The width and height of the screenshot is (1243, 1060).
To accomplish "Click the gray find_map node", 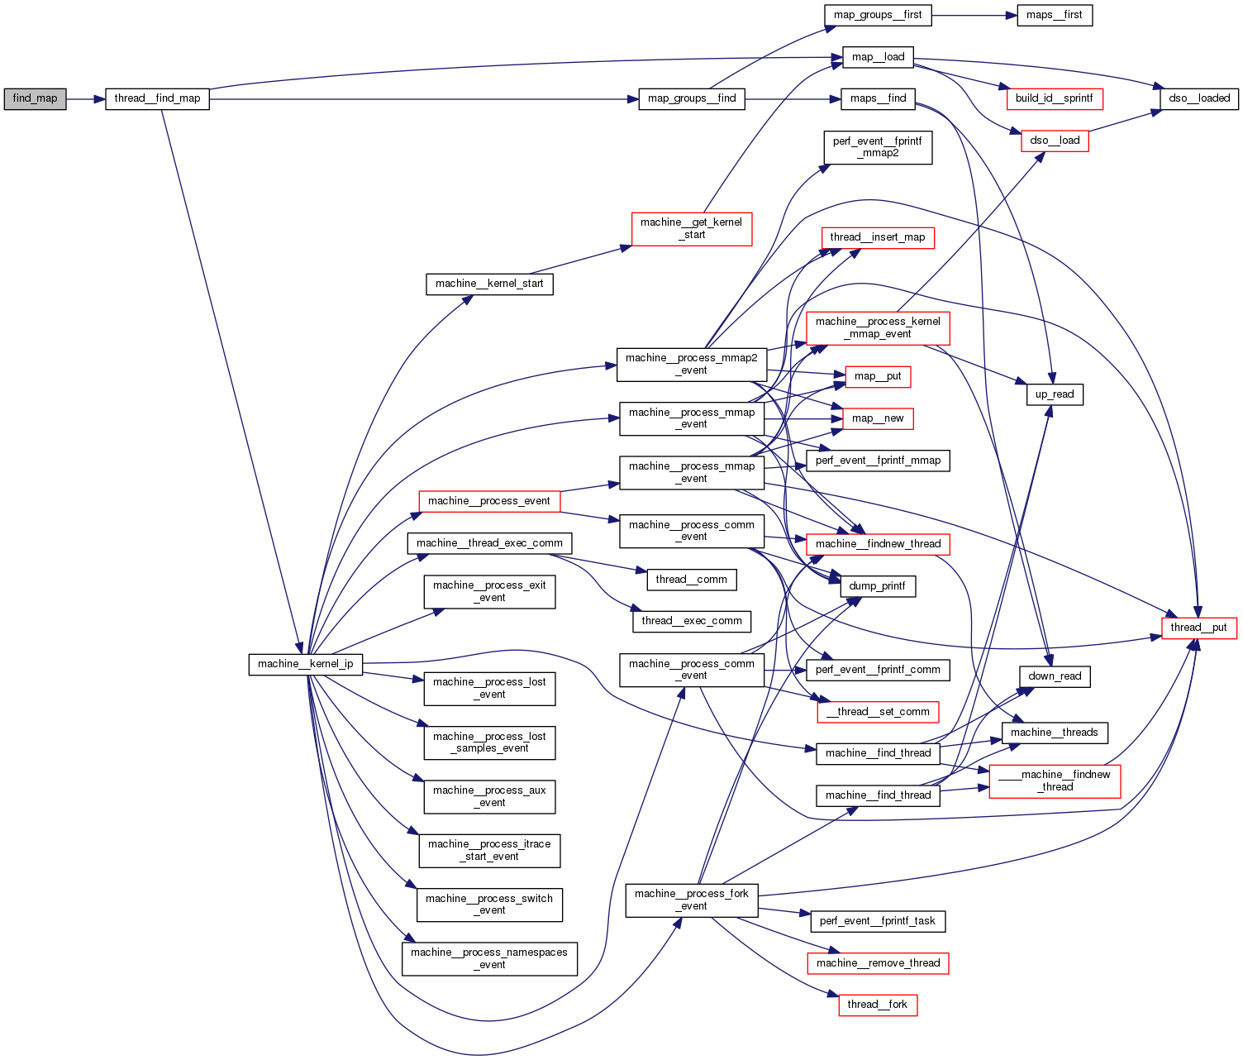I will (35, 98).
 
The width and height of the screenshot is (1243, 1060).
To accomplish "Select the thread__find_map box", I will (157, 98).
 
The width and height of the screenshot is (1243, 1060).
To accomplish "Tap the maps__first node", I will (1054, 15).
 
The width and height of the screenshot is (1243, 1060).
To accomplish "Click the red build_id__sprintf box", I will (1054, 98).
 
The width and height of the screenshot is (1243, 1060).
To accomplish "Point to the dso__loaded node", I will (1199, 98).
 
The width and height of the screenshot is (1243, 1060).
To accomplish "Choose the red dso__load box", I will (1055, 141).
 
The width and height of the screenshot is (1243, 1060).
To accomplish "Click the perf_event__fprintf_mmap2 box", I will (878, 147).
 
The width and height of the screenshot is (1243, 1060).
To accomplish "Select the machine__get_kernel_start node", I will (691, 228).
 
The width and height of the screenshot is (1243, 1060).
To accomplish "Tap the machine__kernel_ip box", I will (305, 664).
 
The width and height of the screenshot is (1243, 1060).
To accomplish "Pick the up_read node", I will (1054, 394).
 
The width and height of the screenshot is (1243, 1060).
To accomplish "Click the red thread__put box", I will (1198, 628).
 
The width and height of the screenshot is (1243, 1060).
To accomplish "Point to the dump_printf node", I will (877, 586).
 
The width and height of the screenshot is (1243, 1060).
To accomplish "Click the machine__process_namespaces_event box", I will (489, 958).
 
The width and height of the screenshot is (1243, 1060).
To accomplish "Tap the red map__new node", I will (878, 418).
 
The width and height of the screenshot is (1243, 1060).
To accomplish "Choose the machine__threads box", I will (1054, 733).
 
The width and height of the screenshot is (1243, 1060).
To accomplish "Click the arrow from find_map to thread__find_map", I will (85, 98).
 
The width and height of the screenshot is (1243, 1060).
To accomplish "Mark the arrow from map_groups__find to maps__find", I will (793, 98).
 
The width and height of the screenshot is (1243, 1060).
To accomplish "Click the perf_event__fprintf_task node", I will (877, 921).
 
